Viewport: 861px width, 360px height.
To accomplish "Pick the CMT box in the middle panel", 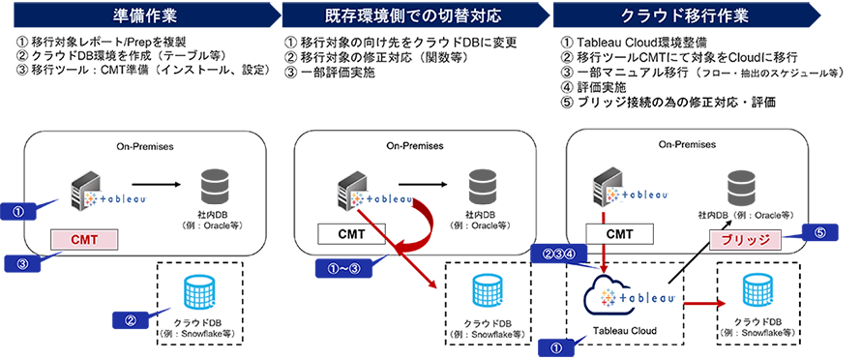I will [350, 233].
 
